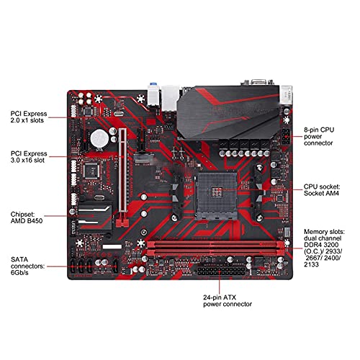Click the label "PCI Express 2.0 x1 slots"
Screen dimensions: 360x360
pos(29,117)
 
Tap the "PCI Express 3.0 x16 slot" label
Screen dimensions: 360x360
pos(29,157)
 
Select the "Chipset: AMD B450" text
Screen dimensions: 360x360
pos(27,217)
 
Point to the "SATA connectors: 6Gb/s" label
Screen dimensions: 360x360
pos(27,266)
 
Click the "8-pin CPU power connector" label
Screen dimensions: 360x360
pos(319,136)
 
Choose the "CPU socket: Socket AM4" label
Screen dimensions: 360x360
pos(322,190)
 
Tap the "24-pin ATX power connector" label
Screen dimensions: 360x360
pos(228,301)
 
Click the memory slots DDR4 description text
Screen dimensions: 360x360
pos(324,248)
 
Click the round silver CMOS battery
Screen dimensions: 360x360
pos(99,138)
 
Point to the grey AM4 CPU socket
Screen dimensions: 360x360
pos(216,197)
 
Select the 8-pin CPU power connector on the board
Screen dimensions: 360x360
pos(286,136)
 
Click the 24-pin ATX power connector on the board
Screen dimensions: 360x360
pos(221,271)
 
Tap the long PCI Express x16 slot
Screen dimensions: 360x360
pos(122,171)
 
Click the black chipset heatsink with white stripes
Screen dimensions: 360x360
pos(95,217)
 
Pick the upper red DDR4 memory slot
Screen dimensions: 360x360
pos(215,244)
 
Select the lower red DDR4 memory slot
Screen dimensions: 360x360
pos(215,253)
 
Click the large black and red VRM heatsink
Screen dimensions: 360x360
pos(229,112)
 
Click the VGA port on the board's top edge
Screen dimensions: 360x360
pos(258,82)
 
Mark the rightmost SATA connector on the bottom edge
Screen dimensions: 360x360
pos(116,266)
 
